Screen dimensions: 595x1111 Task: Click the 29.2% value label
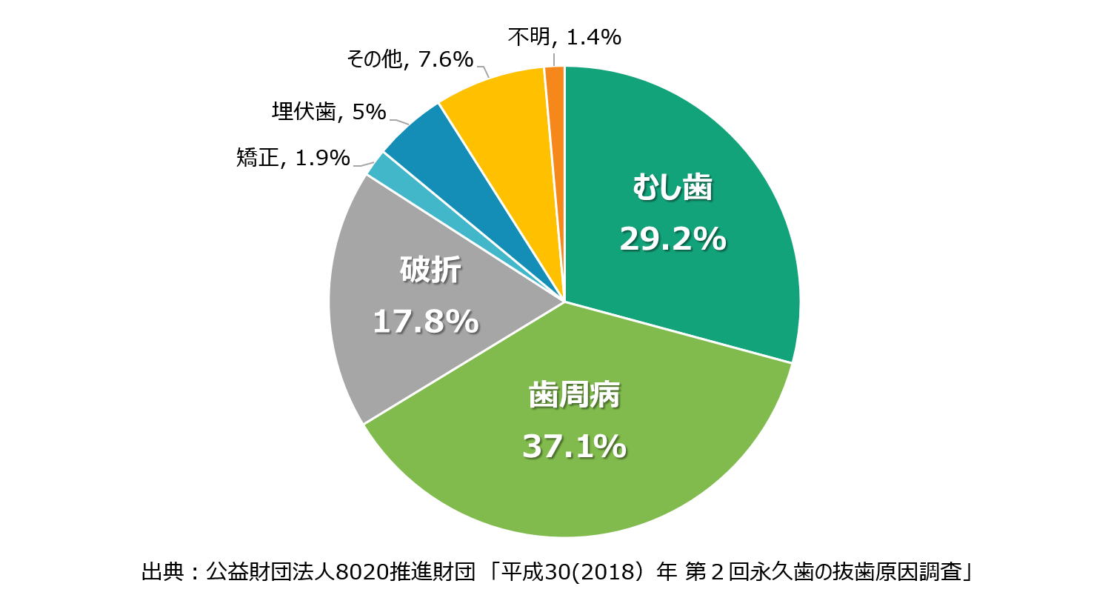673,239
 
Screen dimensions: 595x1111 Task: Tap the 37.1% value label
574,447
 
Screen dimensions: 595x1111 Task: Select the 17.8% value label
425,322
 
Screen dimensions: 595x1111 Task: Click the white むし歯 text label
673,188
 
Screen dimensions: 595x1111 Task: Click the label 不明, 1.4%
564,37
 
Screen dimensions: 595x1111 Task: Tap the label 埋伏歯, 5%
329,113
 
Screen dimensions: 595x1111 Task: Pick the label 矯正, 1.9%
293,158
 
